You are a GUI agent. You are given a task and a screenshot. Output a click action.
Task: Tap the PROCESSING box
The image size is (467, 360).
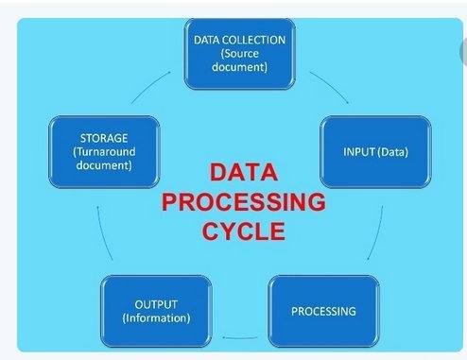click(322, 309)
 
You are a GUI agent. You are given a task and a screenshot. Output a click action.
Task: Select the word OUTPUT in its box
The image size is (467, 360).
click(155, 303)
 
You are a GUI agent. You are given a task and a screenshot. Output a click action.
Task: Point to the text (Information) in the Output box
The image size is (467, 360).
click(155, 317)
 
